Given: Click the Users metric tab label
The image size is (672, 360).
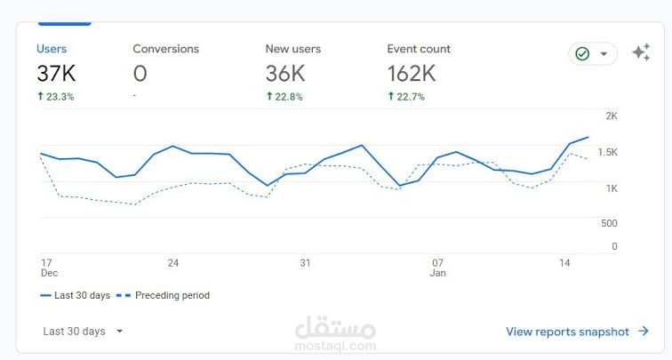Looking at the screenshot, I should [x=52, y=49].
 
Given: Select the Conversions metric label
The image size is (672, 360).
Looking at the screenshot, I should [x=165, y=49].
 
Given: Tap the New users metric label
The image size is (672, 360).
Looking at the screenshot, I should [x=293, y=49].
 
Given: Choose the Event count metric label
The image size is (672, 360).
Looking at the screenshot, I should [x=419, y=49].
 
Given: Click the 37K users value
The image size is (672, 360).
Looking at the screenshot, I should [x=56, y=74].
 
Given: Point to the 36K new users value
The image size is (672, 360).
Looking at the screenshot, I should [x=285, y=74].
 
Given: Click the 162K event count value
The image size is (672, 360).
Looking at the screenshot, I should [x=412, y=74].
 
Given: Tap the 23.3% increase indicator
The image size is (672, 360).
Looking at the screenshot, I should [x=55, y=96].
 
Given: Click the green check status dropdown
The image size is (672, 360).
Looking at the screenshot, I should [x=593, y=54].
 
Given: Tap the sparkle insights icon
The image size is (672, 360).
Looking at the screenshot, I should [x=641, y=53].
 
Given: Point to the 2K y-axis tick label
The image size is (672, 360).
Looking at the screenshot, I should [x=612, y=116].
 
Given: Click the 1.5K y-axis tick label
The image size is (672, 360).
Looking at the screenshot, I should [x=607, y=153].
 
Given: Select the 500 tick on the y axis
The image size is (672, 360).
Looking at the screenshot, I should [x=609, y=223].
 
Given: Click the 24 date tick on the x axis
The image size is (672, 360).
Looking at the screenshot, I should [x=173, y=263].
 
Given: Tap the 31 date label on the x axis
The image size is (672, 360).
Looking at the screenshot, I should [x=305, y=263].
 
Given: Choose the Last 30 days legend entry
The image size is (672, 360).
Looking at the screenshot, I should [x=75, y=295].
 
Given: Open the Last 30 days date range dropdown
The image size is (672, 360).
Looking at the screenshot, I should [x=84, y=332].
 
